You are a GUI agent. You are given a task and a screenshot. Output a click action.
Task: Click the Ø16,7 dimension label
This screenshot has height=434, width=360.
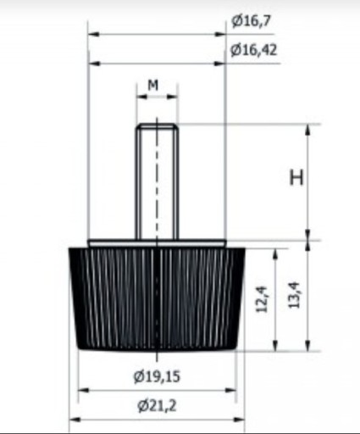tap(252, 21)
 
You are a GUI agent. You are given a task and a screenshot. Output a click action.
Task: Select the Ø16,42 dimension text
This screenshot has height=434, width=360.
tap(254, 50)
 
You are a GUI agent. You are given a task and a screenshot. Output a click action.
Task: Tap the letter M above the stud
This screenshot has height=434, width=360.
tap(153, 85)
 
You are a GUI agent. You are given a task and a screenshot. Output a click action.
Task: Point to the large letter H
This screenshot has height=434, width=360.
tap(296, 177)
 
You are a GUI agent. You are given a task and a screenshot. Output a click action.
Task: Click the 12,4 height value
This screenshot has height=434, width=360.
tap(261, 299)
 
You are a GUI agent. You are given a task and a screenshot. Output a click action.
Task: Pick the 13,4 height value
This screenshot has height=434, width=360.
tap(294, 295)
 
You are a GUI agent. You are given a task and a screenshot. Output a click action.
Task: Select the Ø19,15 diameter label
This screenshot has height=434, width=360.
tap(157, 376)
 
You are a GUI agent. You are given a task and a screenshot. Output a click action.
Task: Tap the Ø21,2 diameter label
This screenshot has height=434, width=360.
tap(157, 406)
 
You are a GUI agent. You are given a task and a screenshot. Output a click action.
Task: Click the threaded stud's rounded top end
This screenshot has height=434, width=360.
tap(157, 125)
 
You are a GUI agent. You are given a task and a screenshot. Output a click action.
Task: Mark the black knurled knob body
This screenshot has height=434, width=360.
tap(157, 299)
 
